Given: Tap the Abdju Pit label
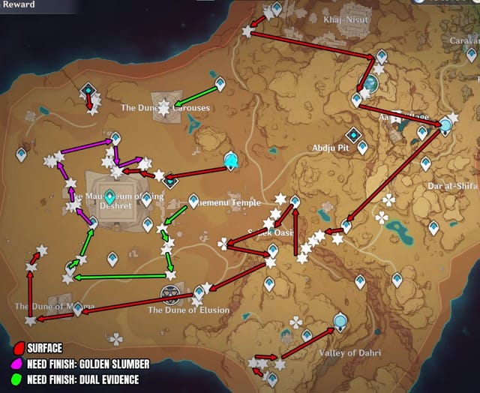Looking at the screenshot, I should coord(331,148).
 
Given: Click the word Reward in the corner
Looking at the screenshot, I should coord(17,4).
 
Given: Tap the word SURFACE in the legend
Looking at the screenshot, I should coord(44,348).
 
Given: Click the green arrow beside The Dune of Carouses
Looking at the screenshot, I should coord(197,95).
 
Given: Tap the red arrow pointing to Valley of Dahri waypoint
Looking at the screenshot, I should coord(307,342).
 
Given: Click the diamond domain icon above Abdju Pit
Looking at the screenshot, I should coord(354,135).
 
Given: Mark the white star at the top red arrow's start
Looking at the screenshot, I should coord(248,31).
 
